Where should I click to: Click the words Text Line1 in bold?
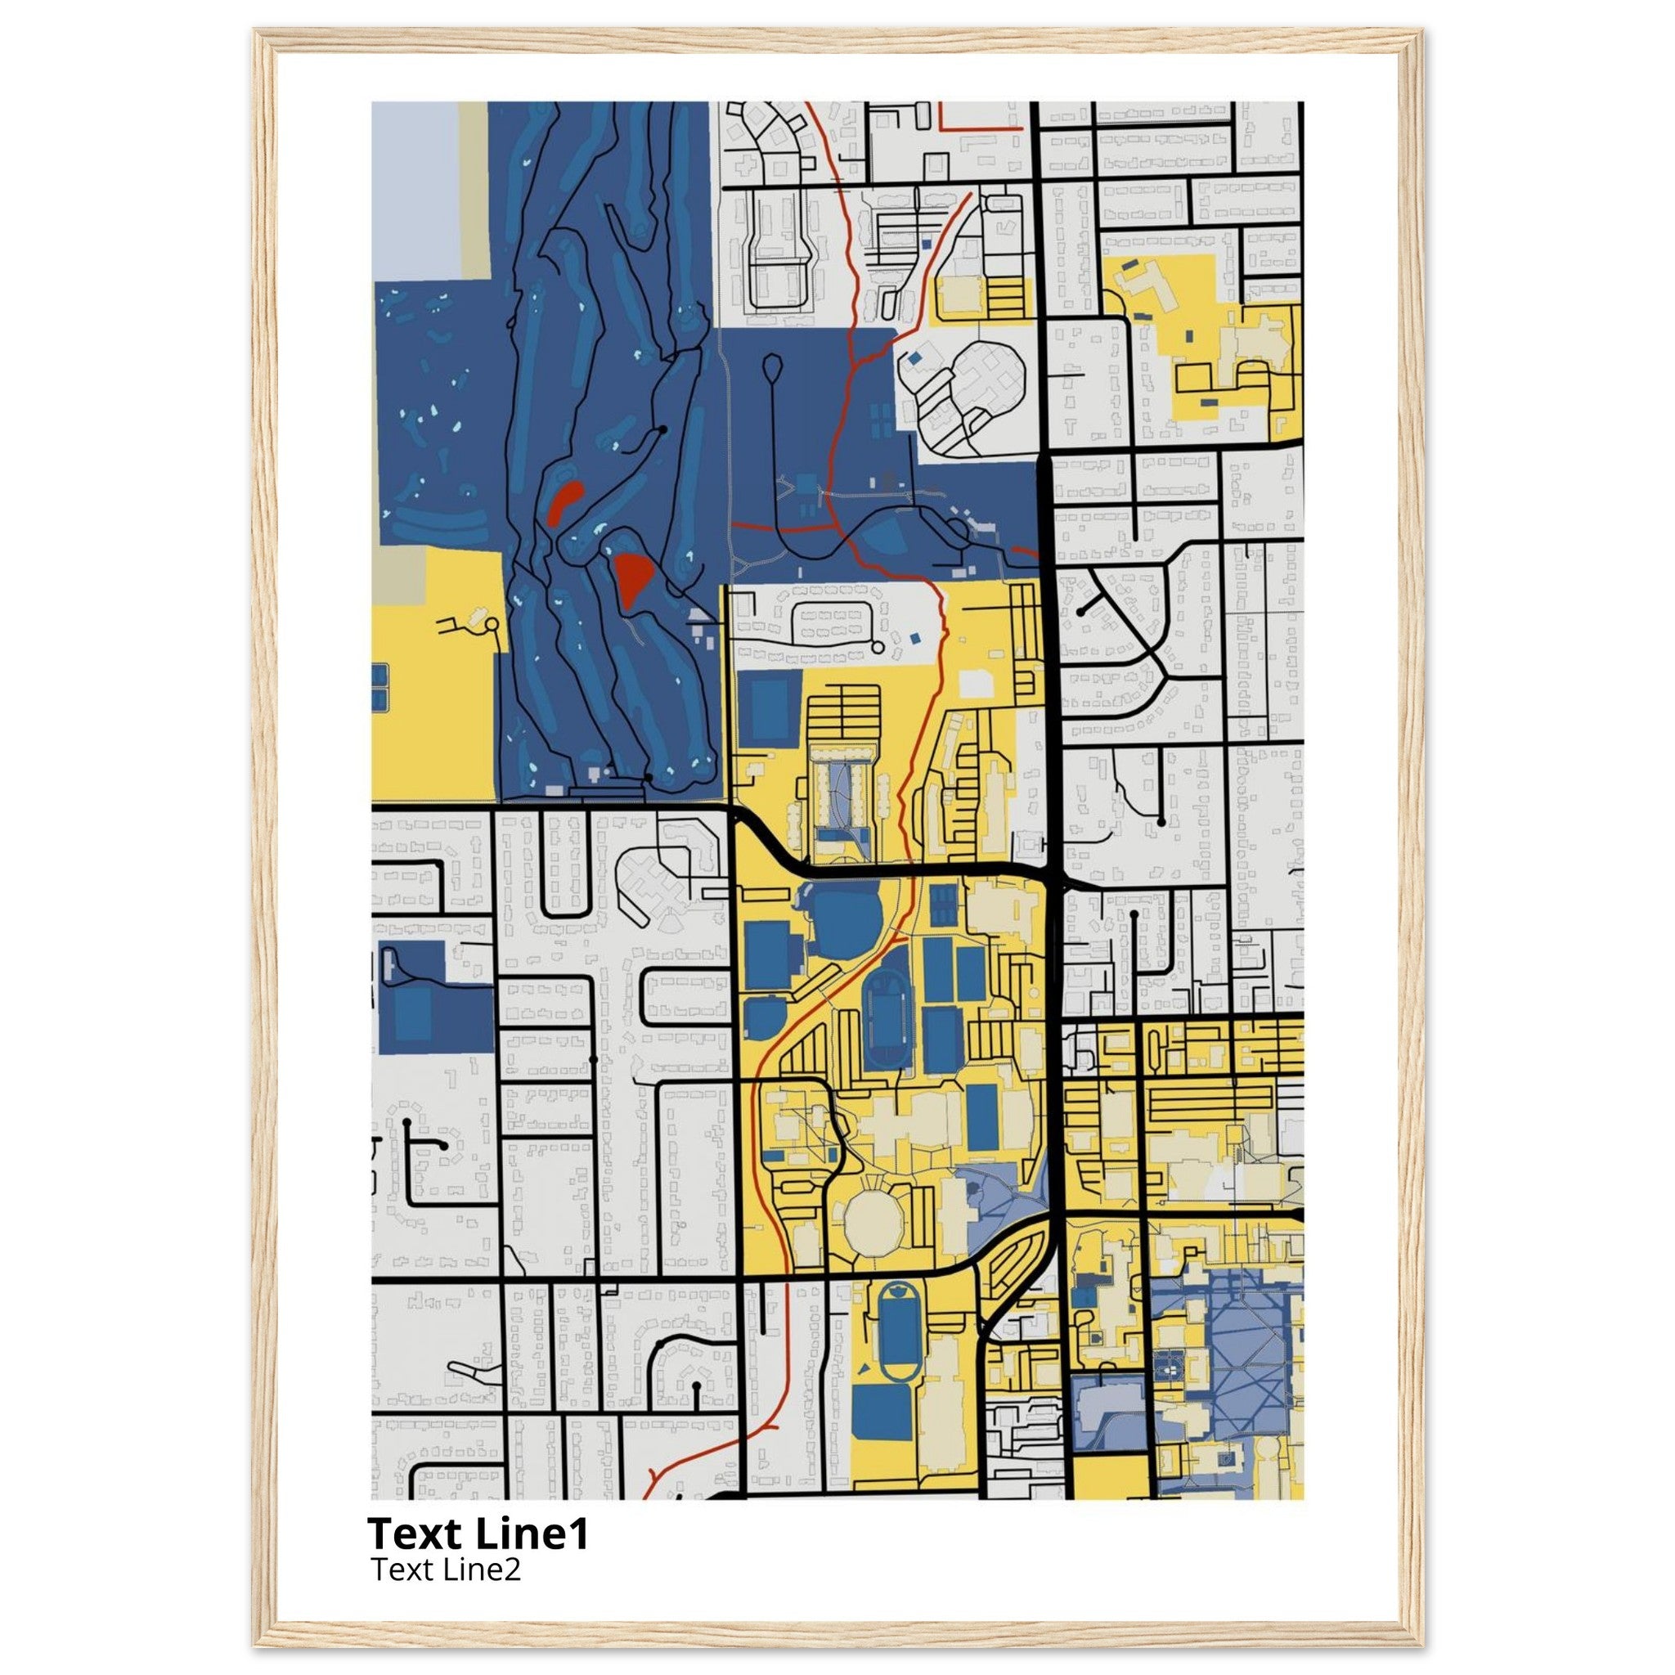coord(478,1534)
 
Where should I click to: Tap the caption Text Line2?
coord(446,1569)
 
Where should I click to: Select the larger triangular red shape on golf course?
coord(632,576)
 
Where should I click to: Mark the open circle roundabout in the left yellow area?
coord(492,624)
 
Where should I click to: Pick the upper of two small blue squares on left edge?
coord(379,674)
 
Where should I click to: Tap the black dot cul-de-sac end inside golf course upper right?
coord(663,429)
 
